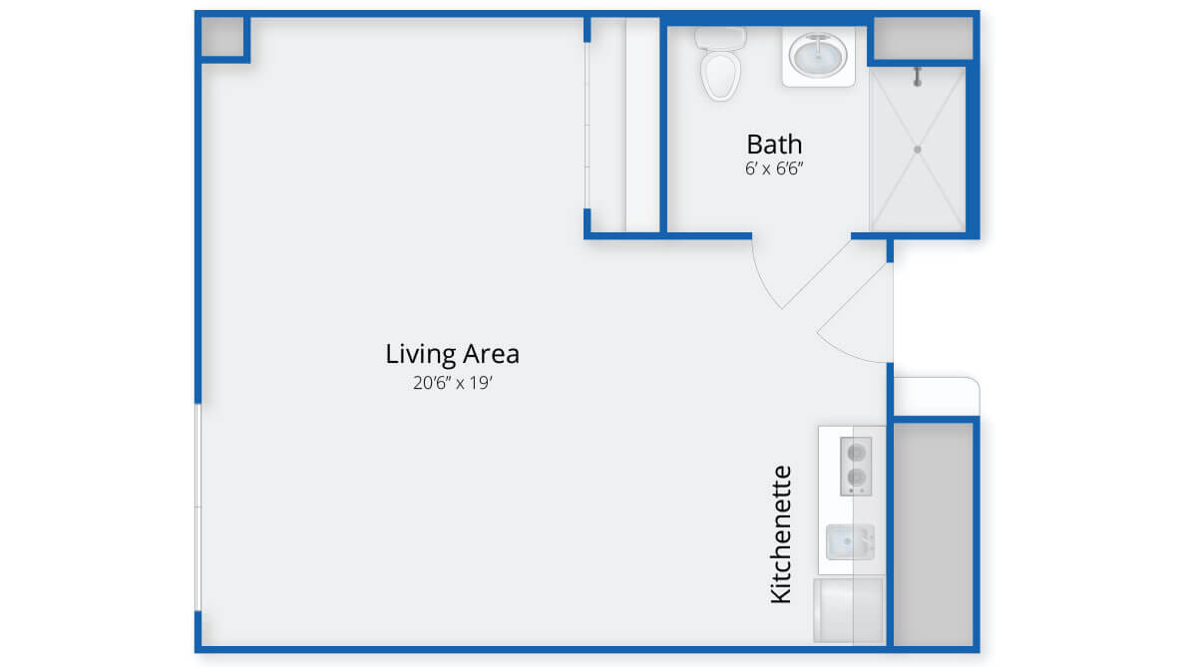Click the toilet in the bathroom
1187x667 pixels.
[x=720, y=64]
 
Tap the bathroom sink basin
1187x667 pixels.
[x=818, y=55]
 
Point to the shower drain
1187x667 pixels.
[x=918, y=150]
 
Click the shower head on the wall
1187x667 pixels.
[x=918, y=77]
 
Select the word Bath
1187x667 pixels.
[x=774, y=144]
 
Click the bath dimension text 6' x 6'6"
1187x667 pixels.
[x=774, y=168]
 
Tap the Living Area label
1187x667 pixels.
[x=452, y=353]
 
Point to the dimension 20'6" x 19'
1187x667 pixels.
[x=452, y=383]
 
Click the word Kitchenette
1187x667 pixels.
[x=780, y=534]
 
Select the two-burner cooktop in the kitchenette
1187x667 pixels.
[x=856, y=466]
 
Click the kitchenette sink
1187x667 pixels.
[x=850, y=542]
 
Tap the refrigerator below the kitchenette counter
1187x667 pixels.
[x=849, y=610]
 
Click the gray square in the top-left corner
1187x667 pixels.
[x=222, y=37]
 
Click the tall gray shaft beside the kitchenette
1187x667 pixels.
[x=934, y=534]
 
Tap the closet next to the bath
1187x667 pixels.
[x=624, y=125]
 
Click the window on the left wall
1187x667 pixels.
[x=198, y=507]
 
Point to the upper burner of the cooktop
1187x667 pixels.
[x=856, y=453]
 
